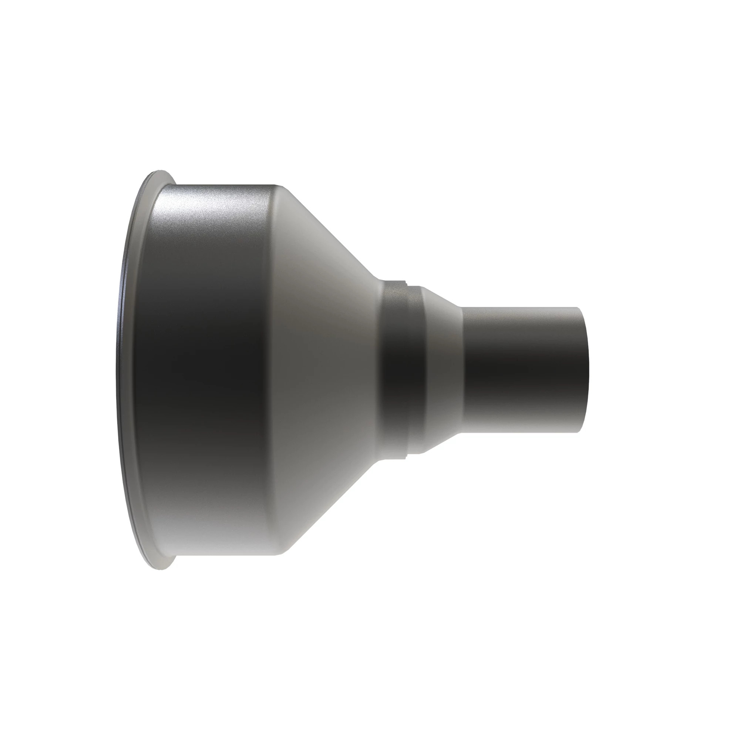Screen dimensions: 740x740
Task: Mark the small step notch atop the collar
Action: [407, 284]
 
